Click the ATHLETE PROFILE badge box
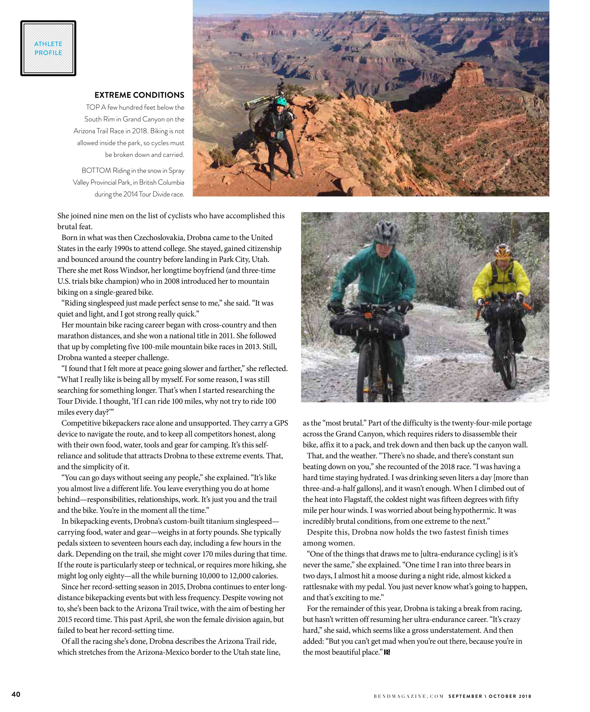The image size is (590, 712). (x=48, y=48)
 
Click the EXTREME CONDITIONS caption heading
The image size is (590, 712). (x=139, y=95)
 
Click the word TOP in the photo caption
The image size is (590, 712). (x=93, y=107)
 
